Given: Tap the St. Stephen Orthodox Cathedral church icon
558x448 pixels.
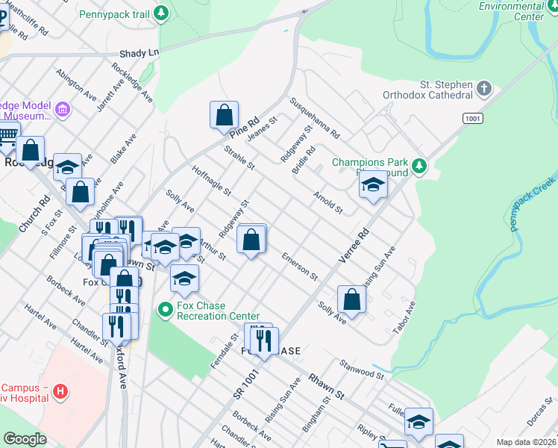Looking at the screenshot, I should pos(484,90).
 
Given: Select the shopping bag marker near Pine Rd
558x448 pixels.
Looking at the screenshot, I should pos(224,116).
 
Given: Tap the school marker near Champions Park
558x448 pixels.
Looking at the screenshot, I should pos(373,186).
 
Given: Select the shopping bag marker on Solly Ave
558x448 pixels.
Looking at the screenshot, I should pos(351,300).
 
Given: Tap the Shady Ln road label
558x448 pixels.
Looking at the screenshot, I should pos(139,54).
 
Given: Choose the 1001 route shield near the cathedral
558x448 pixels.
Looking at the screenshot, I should pos(472,118).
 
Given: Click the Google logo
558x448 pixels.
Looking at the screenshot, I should pos(25,439).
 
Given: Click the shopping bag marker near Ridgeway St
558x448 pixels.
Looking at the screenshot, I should pos(251,240).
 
